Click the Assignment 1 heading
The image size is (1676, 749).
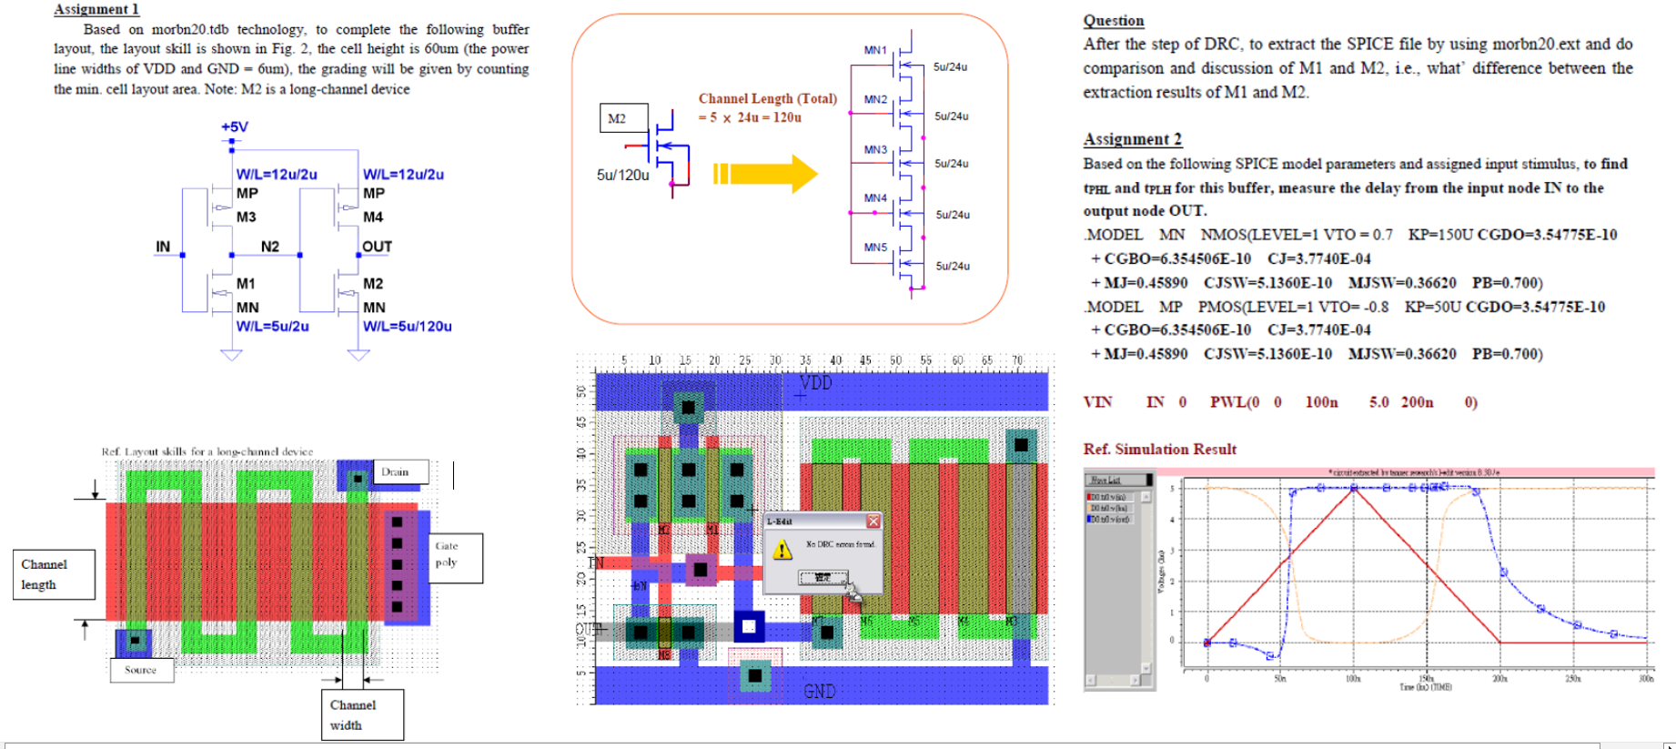[x=96, y=9]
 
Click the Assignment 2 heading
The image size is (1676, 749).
[x=1132, y=139]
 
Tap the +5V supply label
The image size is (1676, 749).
[x=235, y=127]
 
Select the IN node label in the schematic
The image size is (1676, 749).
[x=163, y=247]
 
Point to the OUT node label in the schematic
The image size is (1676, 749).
[x=377, y=247]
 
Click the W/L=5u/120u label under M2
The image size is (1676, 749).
[x=407, y=327]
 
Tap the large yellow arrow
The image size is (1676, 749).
[x=765, y=174]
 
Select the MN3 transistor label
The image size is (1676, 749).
[x=875, y=149]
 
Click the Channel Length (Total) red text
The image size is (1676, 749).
[x=767, y=98]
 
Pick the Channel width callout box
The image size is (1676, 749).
[x=361, y=715]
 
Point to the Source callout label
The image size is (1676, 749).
[x=140, y=670]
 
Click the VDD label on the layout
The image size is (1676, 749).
[x=815, y=383]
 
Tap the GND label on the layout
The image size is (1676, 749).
[x=819, y=692]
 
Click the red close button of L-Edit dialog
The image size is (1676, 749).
[x=873, y=521]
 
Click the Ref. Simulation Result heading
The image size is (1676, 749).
[x=1159, y=450]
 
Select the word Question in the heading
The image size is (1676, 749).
[x=1113, y=21]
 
